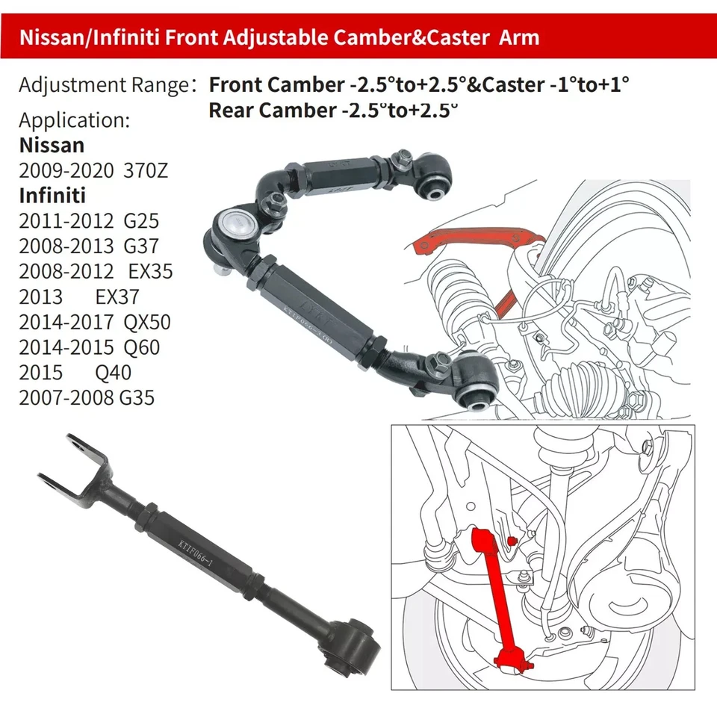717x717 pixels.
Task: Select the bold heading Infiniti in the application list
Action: coord(52,196)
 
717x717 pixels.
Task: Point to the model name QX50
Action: coord(146,322)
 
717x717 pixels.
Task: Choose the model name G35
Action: coord(137,397)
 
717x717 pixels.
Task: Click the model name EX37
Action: coord(117,297)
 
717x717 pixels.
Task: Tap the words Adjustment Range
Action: coord(102,86)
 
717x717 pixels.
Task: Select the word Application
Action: coord(74,119)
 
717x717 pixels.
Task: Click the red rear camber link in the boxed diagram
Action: coord(498,590)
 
